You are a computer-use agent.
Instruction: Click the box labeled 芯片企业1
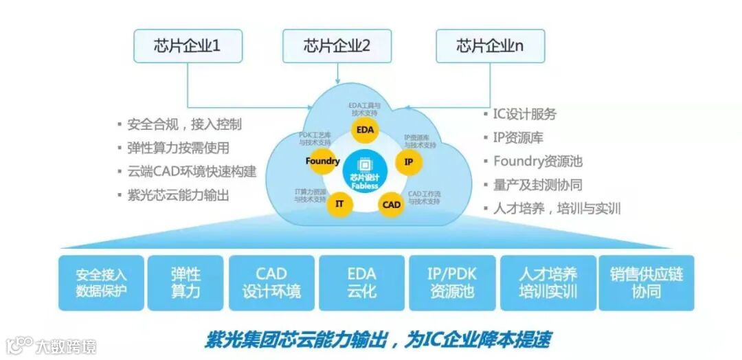(188, 46)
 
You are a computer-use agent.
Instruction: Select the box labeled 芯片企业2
(337, 46)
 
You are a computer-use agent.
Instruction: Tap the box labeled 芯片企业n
(490, 46)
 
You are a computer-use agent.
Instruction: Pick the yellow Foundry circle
(322, 161)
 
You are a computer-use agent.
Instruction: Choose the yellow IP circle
(408, 162)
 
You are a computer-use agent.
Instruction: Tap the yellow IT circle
(339, 204)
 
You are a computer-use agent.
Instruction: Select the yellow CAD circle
(391, 205)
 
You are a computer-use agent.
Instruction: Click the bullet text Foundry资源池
(537, 161)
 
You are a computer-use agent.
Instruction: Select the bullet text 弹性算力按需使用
(178, 148)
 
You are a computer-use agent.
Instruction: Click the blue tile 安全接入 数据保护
(101, 282)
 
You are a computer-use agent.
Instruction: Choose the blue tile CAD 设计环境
(271, 282)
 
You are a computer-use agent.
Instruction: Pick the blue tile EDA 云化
(361, 282)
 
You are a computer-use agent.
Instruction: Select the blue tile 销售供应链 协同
(646, 282)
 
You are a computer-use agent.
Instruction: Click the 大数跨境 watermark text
(66, 346)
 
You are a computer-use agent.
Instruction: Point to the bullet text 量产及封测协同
(537, 185)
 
